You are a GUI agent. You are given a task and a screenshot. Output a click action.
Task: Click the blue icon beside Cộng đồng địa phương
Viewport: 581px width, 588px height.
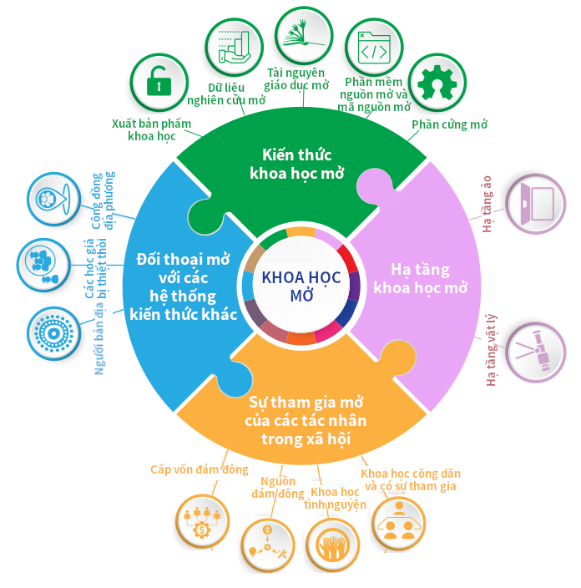51,199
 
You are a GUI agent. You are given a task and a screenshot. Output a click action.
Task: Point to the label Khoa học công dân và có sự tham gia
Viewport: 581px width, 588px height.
411,479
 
